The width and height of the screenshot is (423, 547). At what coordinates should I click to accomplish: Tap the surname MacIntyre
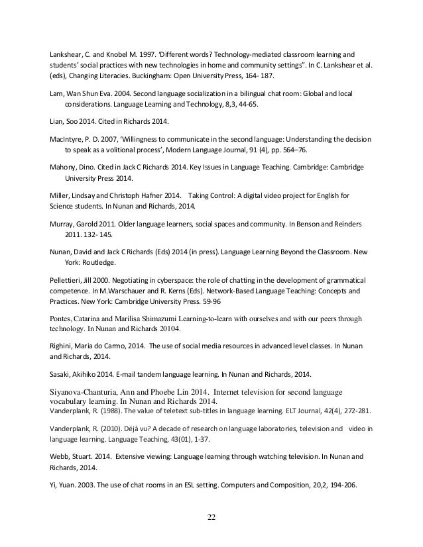pos(67,140)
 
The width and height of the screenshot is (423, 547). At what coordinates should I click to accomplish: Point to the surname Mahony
pos(66,166)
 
